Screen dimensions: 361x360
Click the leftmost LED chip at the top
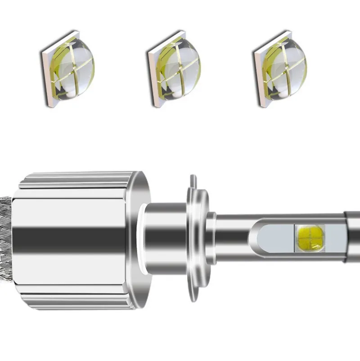(63, 69)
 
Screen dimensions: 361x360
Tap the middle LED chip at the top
(173, 69)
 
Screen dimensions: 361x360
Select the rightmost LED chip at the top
(279, 69)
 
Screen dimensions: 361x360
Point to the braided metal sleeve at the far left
(5, 239)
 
